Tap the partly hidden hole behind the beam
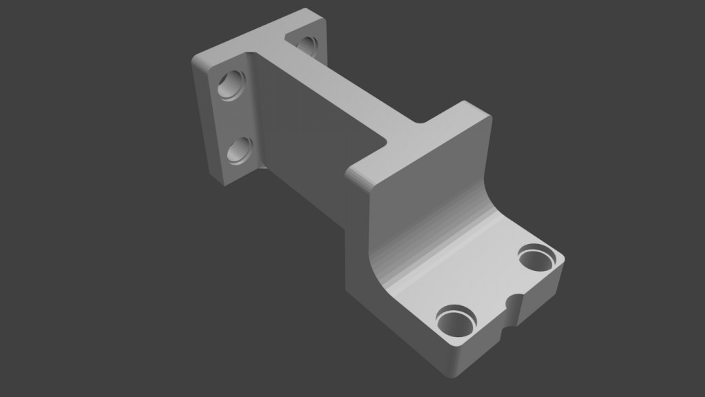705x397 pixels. (306, 45)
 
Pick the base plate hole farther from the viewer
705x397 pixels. (538, 260)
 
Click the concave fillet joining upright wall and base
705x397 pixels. (441, 255)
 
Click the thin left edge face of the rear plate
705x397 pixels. (207, 124)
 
